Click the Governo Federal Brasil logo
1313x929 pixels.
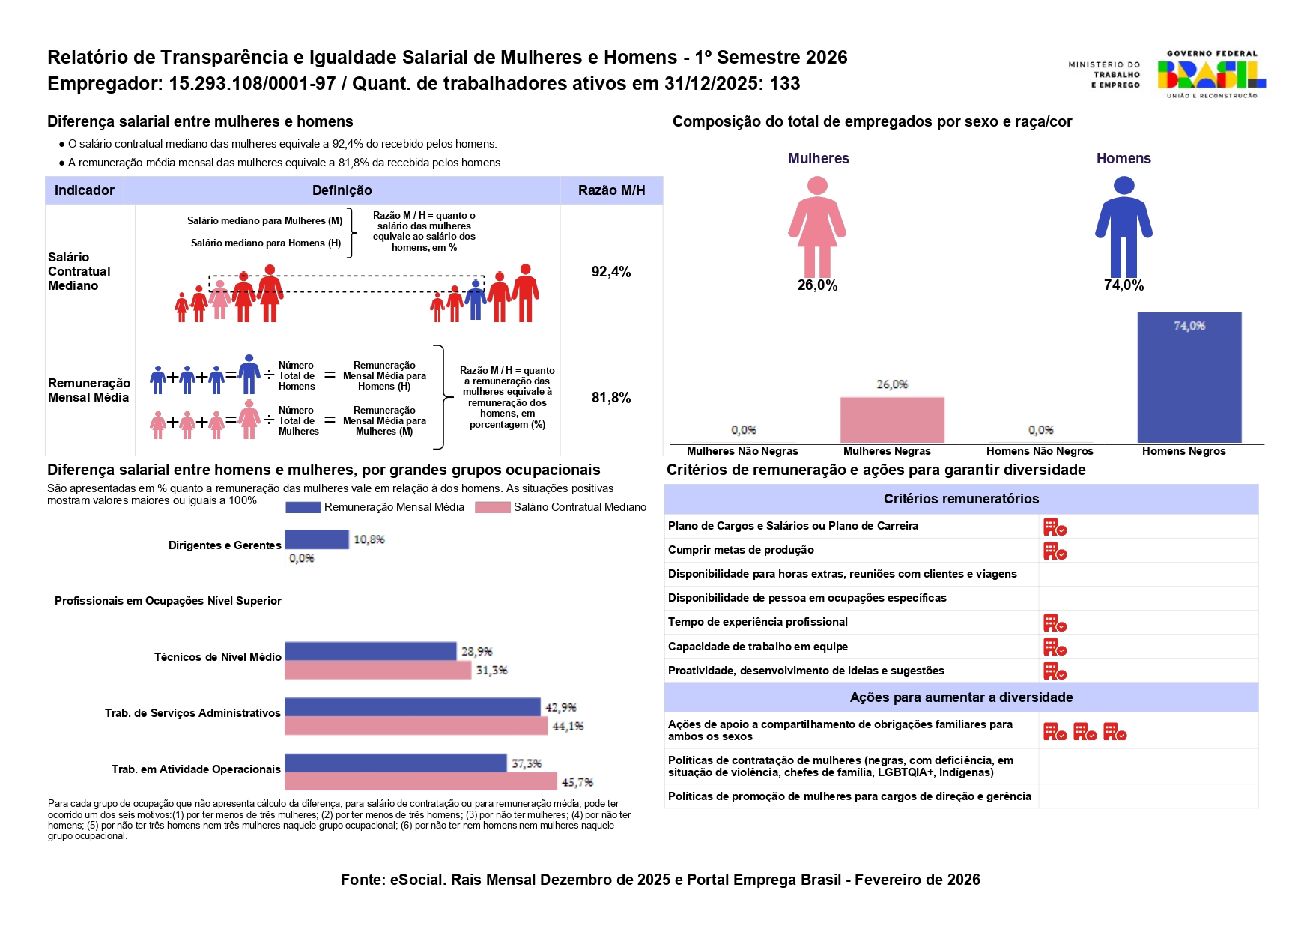[1210, 74]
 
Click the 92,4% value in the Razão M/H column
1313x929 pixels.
[611, 272]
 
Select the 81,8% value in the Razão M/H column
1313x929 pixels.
[611, 398]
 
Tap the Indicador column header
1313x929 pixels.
[85, 190]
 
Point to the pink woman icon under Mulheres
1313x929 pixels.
[817, 227]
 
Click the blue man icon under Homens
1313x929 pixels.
[1124, 227]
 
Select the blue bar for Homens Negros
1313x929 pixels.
[1189, 378]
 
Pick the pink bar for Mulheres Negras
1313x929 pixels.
[892, 420]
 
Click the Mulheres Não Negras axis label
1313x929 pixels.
[742, 451]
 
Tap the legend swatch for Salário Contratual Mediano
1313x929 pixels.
[492, 508]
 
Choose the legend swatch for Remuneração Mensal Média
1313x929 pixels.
[303, 508]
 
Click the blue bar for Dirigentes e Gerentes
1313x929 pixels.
[317, 539]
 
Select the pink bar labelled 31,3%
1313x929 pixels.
[377, 671]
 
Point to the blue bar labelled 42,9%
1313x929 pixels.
[412, 707]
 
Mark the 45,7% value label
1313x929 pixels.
[577, 782]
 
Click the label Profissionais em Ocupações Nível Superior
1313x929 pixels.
[168, 601]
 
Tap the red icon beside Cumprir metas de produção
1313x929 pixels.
[1055, 551]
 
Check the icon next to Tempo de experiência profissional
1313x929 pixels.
[1055, 623]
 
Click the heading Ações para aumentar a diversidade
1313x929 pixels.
[961, 697]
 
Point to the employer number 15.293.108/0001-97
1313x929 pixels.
[252, 84]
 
